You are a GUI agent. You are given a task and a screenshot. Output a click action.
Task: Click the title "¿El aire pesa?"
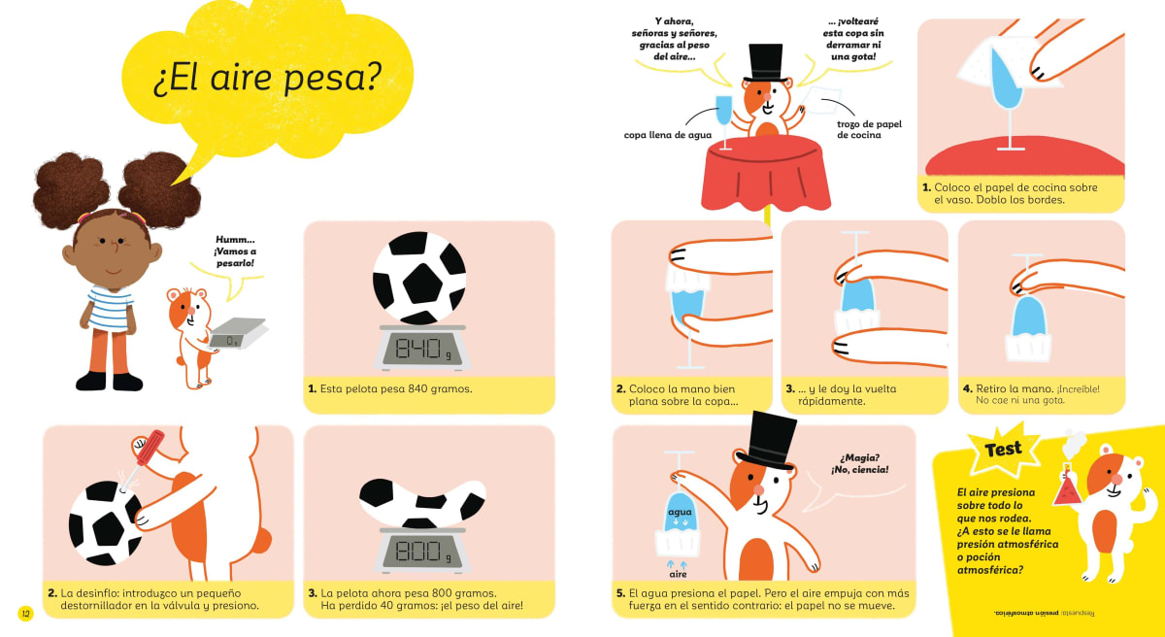[266, 80]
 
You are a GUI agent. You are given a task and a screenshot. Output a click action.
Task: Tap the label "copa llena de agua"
[667, 135]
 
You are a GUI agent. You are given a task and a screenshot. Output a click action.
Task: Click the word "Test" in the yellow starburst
[1003, 449]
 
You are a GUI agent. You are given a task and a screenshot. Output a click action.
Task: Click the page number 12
[25, 613]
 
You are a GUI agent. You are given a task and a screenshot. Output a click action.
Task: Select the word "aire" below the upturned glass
[678, 575]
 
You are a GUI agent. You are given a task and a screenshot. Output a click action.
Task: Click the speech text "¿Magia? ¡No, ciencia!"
[858, 464]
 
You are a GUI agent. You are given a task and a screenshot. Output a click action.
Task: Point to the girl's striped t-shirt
[110, 308]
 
